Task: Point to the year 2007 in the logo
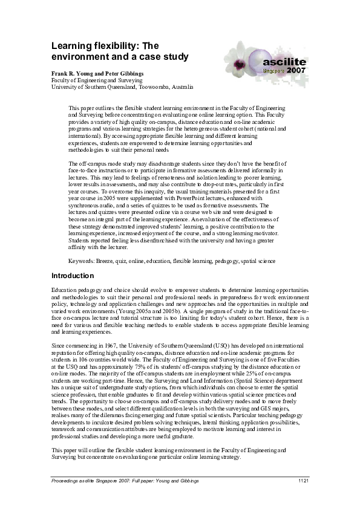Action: (296, 71)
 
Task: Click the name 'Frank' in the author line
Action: (61, 73)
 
